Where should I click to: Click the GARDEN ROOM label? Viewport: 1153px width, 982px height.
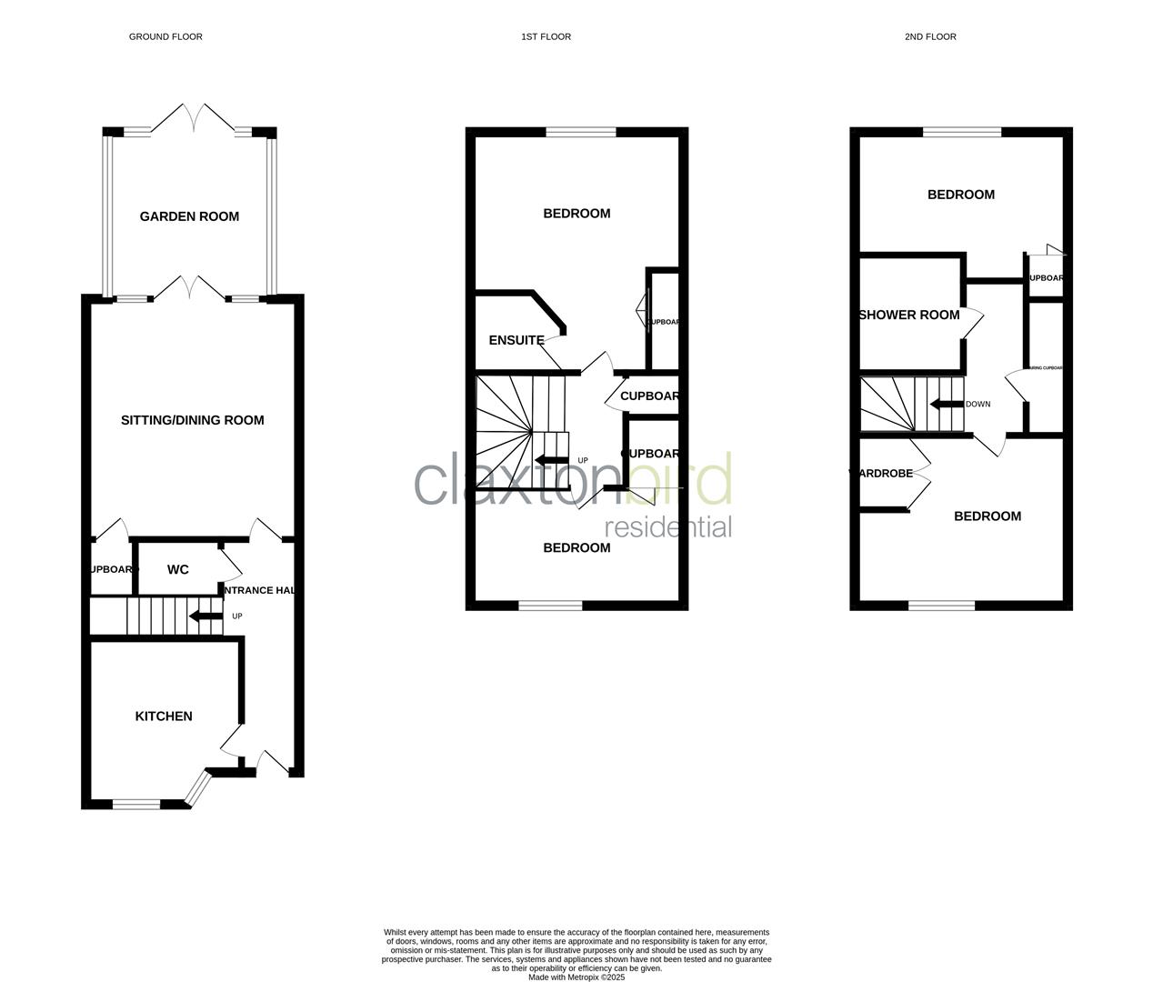tap(189, 216)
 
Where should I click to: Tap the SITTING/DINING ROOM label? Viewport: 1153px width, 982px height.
tap(192, 420)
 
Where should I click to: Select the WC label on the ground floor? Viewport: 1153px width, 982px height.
tap(178, 569)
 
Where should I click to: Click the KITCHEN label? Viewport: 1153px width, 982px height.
tap(164, 716)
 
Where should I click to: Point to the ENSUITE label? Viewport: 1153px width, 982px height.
tap(516, 341)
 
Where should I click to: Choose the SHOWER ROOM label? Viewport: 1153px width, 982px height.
tap(909, 316)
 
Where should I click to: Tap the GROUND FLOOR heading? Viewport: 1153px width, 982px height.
tap(165, 37)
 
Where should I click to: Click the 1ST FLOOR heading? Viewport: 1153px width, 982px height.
tap(546, 37)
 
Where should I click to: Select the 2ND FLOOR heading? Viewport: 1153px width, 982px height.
tap(930, 37)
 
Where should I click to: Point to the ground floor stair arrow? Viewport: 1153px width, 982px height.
tap(205, 616)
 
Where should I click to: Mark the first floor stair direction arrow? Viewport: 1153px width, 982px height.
tap(552, 460)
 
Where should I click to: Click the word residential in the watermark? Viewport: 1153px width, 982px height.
tap(668, 527)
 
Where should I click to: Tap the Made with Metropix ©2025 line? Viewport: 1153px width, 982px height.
tap(576, 977)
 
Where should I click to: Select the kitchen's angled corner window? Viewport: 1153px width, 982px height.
tap(196, 789)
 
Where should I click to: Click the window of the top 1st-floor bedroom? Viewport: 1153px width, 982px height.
tap(581, 133)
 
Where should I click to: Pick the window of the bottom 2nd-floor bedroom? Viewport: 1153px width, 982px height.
tap(941, 605)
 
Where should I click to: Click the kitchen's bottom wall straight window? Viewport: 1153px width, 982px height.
tap(136, 804)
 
